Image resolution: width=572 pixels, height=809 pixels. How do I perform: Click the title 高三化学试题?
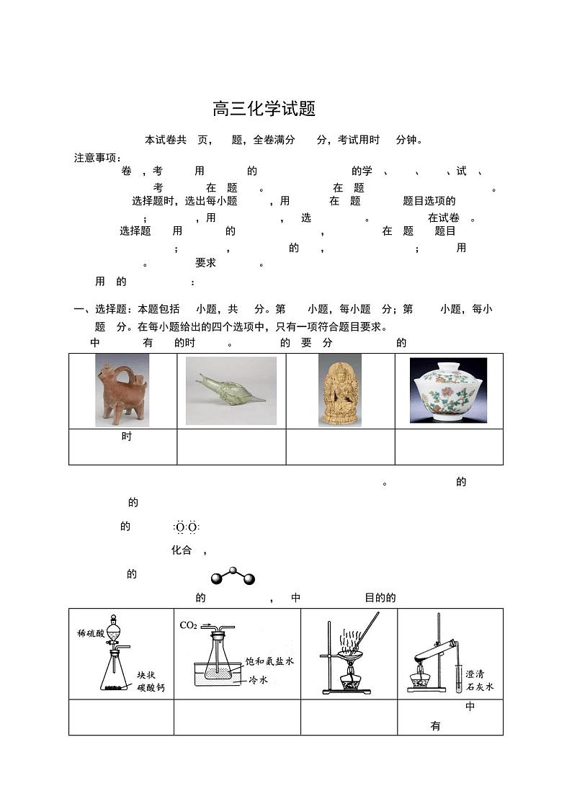(264, 109)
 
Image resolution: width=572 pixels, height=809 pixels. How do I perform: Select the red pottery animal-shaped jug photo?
(122, 391)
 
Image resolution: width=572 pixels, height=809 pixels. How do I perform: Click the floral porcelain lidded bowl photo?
(448, 391)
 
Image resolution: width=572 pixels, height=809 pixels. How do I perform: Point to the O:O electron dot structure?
(186, 527)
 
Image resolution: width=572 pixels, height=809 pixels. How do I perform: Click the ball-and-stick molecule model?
(232, 576)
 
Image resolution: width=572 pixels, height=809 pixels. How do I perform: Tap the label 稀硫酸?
(91, 633)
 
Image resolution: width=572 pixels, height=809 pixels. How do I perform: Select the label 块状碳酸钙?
(151, 681)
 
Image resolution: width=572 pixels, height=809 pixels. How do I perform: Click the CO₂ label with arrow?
(191, 625)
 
